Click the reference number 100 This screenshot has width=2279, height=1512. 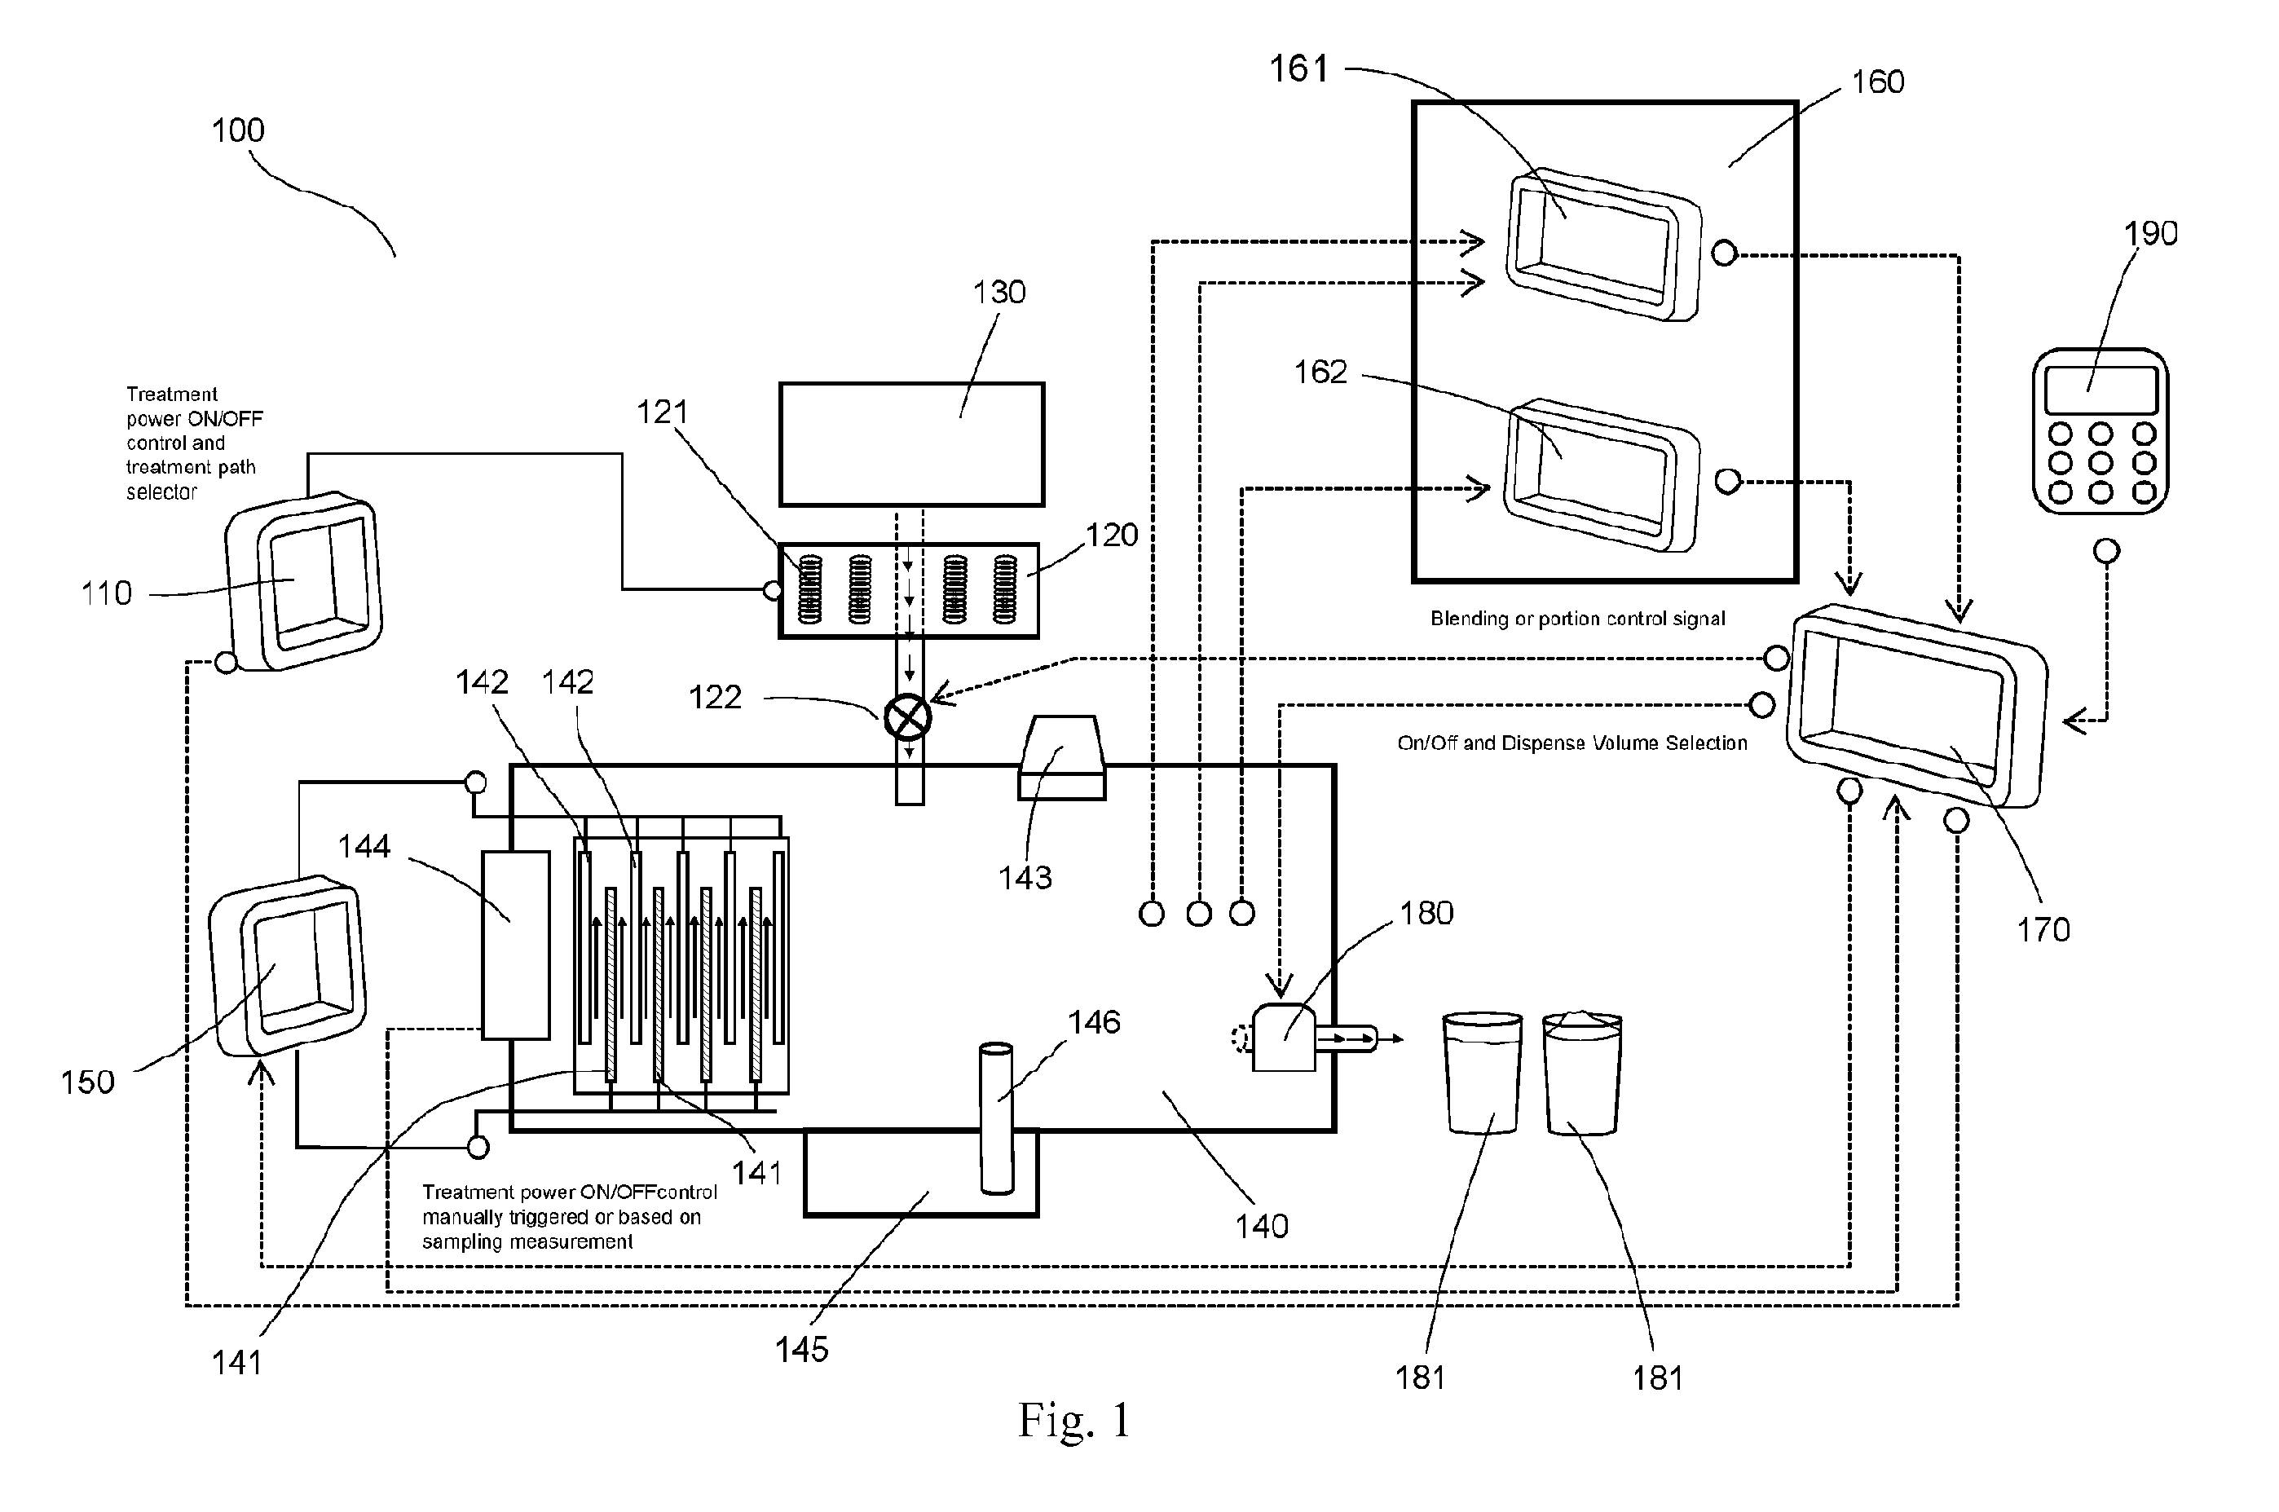(238, 130)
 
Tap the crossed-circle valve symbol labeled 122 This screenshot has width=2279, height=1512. (907, 716)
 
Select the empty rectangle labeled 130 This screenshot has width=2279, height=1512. (911, 444)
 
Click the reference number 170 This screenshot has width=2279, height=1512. (2043, 929)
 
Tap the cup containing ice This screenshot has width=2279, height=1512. (1582, 1073)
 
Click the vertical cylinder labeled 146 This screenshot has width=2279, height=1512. (996, 1118)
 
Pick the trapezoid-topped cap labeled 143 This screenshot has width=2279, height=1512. (1061, 757)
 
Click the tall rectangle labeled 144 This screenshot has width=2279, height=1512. (516, 945)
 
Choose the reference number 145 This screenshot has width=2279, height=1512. (801, 1349)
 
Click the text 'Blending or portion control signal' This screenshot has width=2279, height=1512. (1577, 618)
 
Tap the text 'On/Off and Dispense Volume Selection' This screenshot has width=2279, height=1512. (1572, 743)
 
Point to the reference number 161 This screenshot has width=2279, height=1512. (1298, 68)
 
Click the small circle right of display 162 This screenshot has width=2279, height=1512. (1727, 480)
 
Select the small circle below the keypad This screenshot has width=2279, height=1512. (2107, 551)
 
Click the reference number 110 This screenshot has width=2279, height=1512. (106, 593)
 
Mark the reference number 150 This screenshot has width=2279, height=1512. (88, 1082)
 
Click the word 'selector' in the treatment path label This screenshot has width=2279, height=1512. (161, 492)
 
